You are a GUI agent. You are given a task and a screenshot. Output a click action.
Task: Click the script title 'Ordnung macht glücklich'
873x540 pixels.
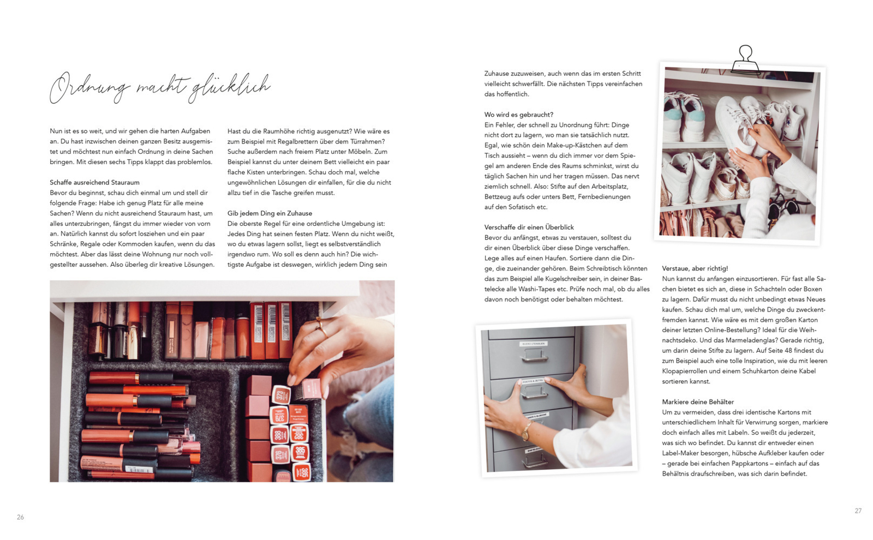point(159,87)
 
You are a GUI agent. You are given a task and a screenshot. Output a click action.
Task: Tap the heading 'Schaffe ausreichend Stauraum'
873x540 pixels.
point(94,182)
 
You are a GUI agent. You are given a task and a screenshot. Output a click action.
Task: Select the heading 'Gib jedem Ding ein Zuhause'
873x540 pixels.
point(270,213)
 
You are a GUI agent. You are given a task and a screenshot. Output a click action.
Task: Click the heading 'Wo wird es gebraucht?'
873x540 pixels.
point(518,115)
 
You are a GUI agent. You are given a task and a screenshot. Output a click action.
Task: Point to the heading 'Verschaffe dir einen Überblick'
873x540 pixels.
point(529,227)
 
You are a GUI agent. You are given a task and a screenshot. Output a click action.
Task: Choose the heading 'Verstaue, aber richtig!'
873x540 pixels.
point(695,268)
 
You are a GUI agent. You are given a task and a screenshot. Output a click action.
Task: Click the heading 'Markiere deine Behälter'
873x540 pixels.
point(697,402)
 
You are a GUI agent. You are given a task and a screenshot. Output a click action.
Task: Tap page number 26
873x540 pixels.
point(20,517)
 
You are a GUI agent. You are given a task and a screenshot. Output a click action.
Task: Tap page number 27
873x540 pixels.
point(858,511)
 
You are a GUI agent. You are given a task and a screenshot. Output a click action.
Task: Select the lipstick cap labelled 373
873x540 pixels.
point(280,394)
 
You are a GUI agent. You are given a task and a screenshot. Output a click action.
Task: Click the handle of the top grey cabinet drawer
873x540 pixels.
point(533,356)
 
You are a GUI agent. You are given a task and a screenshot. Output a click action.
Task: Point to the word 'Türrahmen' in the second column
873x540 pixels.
point(364,141)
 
